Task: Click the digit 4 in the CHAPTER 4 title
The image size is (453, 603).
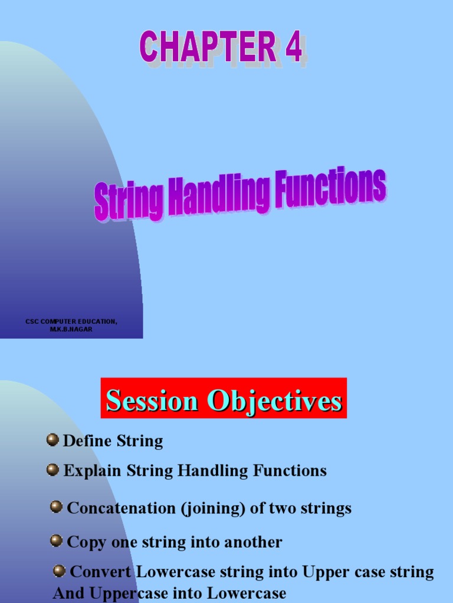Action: tap(293, 48)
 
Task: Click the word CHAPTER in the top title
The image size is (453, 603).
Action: tap(208, 48)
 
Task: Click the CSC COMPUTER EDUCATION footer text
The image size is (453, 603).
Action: tap(71, 321)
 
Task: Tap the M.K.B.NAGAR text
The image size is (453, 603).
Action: tap(71, 329)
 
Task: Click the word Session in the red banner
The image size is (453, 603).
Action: tap(152, 401)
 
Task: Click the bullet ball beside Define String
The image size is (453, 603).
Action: tap(53, 439)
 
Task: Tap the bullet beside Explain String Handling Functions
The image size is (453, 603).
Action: tap(53, 469)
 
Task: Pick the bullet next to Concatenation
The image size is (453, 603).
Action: tap(57, 507)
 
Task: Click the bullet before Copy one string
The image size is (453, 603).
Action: tap(57, 541)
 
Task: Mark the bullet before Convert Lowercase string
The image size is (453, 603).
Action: tap(60, 571)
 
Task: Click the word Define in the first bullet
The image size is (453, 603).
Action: tap(87, 441)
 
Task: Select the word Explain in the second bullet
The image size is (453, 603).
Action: tap(92, 471)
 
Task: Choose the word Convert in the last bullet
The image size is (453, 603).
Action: tap(102, 572)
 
